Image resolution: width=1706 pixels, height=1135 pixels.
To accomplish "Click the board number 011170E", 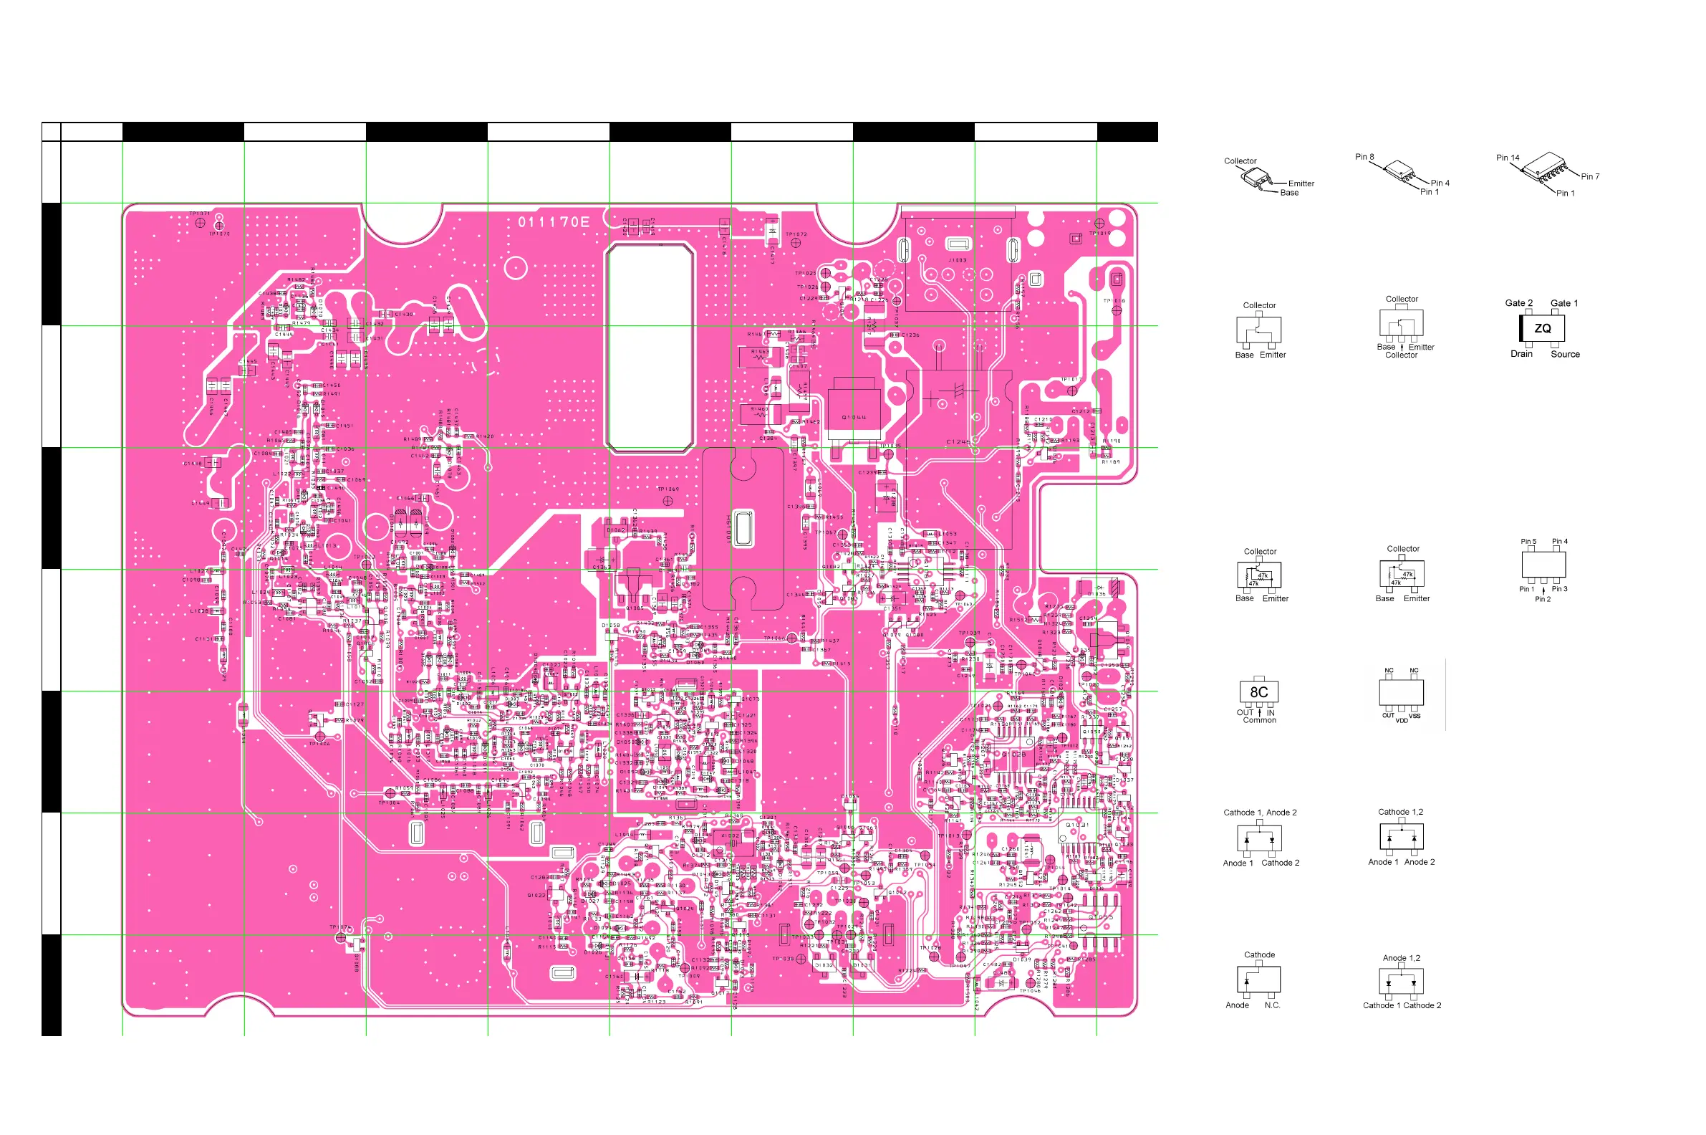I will (x=554, y=222).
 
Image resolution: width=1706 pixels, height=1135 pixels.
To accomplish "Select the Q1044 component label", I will (x=854, y=418).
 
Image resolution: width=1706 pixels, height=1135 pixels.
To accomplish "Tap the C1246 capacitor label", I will (x=958, y=441).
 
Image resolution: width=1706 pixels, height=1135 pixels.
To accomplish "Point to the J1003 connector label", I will (x=957, y=261).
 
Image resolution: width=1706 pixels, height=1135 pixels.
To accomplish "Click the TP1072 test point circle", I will (x=796, y=243).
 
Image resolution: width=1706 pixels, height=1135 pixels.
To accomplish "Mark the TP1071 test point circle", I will (x=201, y=223).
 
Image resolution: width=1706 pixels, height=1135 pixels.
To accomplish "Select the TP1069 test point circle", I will (x=668, y=501).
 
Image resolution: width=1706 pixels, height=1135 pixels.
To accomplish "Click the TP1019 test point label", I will (x=1099, y=234).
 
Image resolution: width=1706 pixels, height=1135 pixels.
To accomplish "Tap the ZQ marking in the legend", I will (x=1543, y=329).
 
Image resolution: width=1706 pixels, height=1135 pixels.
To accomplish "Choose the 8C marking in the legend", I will (x=1259, y=692).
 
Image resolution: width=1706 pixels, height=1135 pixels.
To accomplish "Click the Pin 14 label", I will (x=1508, y=158).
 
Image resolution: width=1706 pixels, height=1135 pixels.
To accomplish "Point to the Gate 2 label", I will (x=1518, y=303).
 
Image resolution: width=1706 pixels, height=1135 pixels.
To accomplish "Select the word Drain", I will (x=1521, y=354).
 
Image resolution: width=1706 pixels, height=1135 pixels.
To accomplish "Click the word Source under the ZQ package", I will (x=1565, y=355).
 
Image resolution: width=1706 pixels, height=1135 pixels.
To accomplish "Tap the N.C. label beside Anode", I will (x=1272, y=1005).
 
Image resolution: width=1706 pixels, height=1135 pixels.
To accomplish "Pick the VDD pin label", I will (x=1402, y=720).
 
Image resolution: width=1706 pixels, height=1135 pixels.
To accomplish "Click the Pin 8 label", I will (x=1364, y=157).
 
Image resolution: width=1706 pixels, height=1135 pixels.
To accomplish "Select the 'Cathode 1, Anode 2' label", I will (x=1260, y=813).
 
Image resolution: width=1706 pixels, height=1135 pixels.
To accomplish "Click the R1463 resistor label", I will (x=761, y=352).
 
